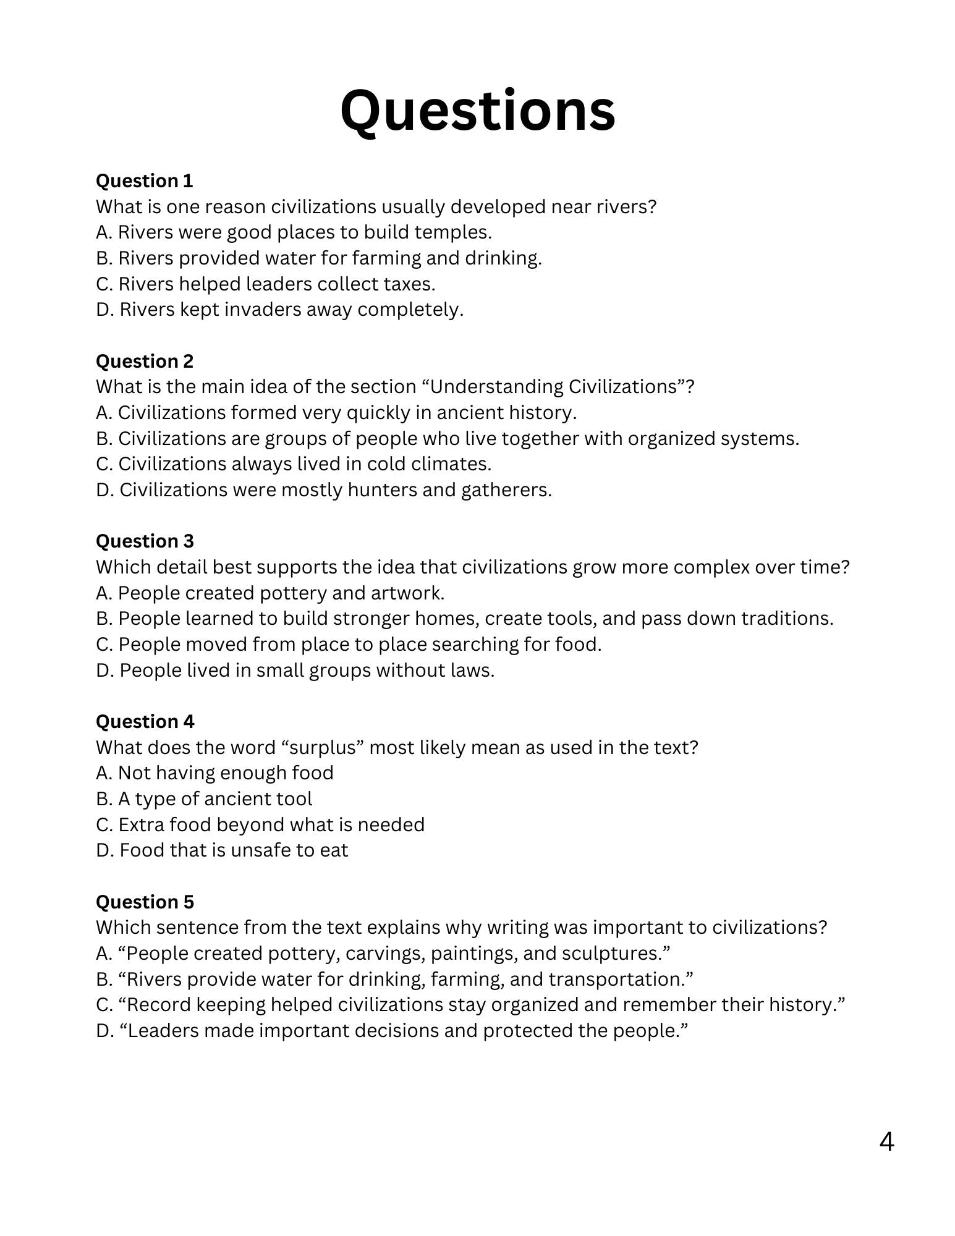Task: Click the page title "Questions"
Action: click(477, 111)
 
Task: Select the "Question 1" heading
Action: click(144, 181)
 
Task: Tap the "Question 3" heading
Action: click(145, 541)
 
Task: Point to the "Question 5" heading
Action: click(145, 902)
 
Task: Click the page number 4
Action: click(886, 1142)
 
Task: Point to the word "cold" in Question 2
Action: click(386, 464)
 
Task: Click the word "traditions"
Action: click(787, 619)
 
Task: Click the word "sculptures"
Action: click(615, 954)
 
